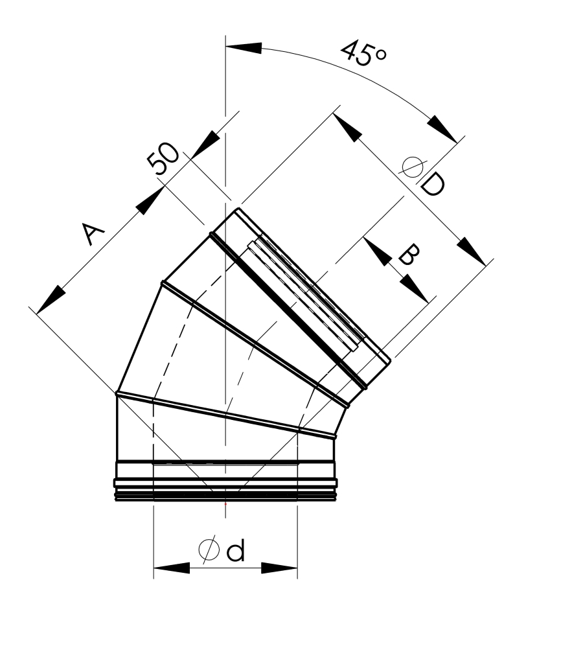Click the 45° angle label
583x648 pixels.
click(x=364, y=53)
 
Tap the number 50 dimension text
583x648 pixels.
click(x=164, y=159)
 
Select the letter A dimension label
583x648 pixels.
click(x=93, y=233)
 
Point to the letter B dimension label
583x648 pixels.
click(x=409, y=254)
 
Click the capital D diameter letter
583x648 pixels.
click(x=433, y=183)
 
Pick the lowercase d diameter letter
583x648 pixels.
click(x=236, y=550)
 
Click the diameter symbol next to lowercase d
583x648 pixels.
click(x=209, y=550)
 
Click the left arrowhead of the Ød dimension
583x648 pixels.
click(x=172, y=568)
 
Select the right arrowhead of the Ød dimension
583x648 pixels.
click(x=279, y=568)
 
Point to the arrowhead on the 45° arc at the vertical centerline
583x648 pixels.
click(x=244, y=48)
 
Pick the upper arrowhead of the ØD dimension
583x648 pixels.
click(x=347, y=128)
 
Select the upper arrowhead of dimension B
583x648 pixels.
click(x=377, y=251)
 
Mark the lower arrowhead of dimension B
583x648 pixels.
click(x=414, y=288)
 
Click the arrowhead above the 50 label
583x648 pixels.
click(x=205, y=145)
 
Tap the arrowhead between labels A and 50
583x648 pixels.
click(x=150, y=201)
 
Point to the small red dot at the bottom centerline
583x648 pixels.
click(x=225, y=504)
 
